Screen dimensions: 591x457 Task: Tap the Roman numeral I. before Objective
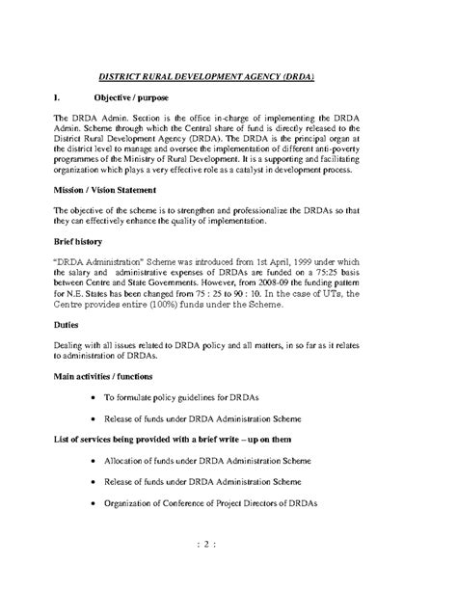pyautogui.click(x=60, y=99)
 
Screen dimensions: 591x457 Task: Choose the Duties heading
pyautogui.click(x=67, y=352)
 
